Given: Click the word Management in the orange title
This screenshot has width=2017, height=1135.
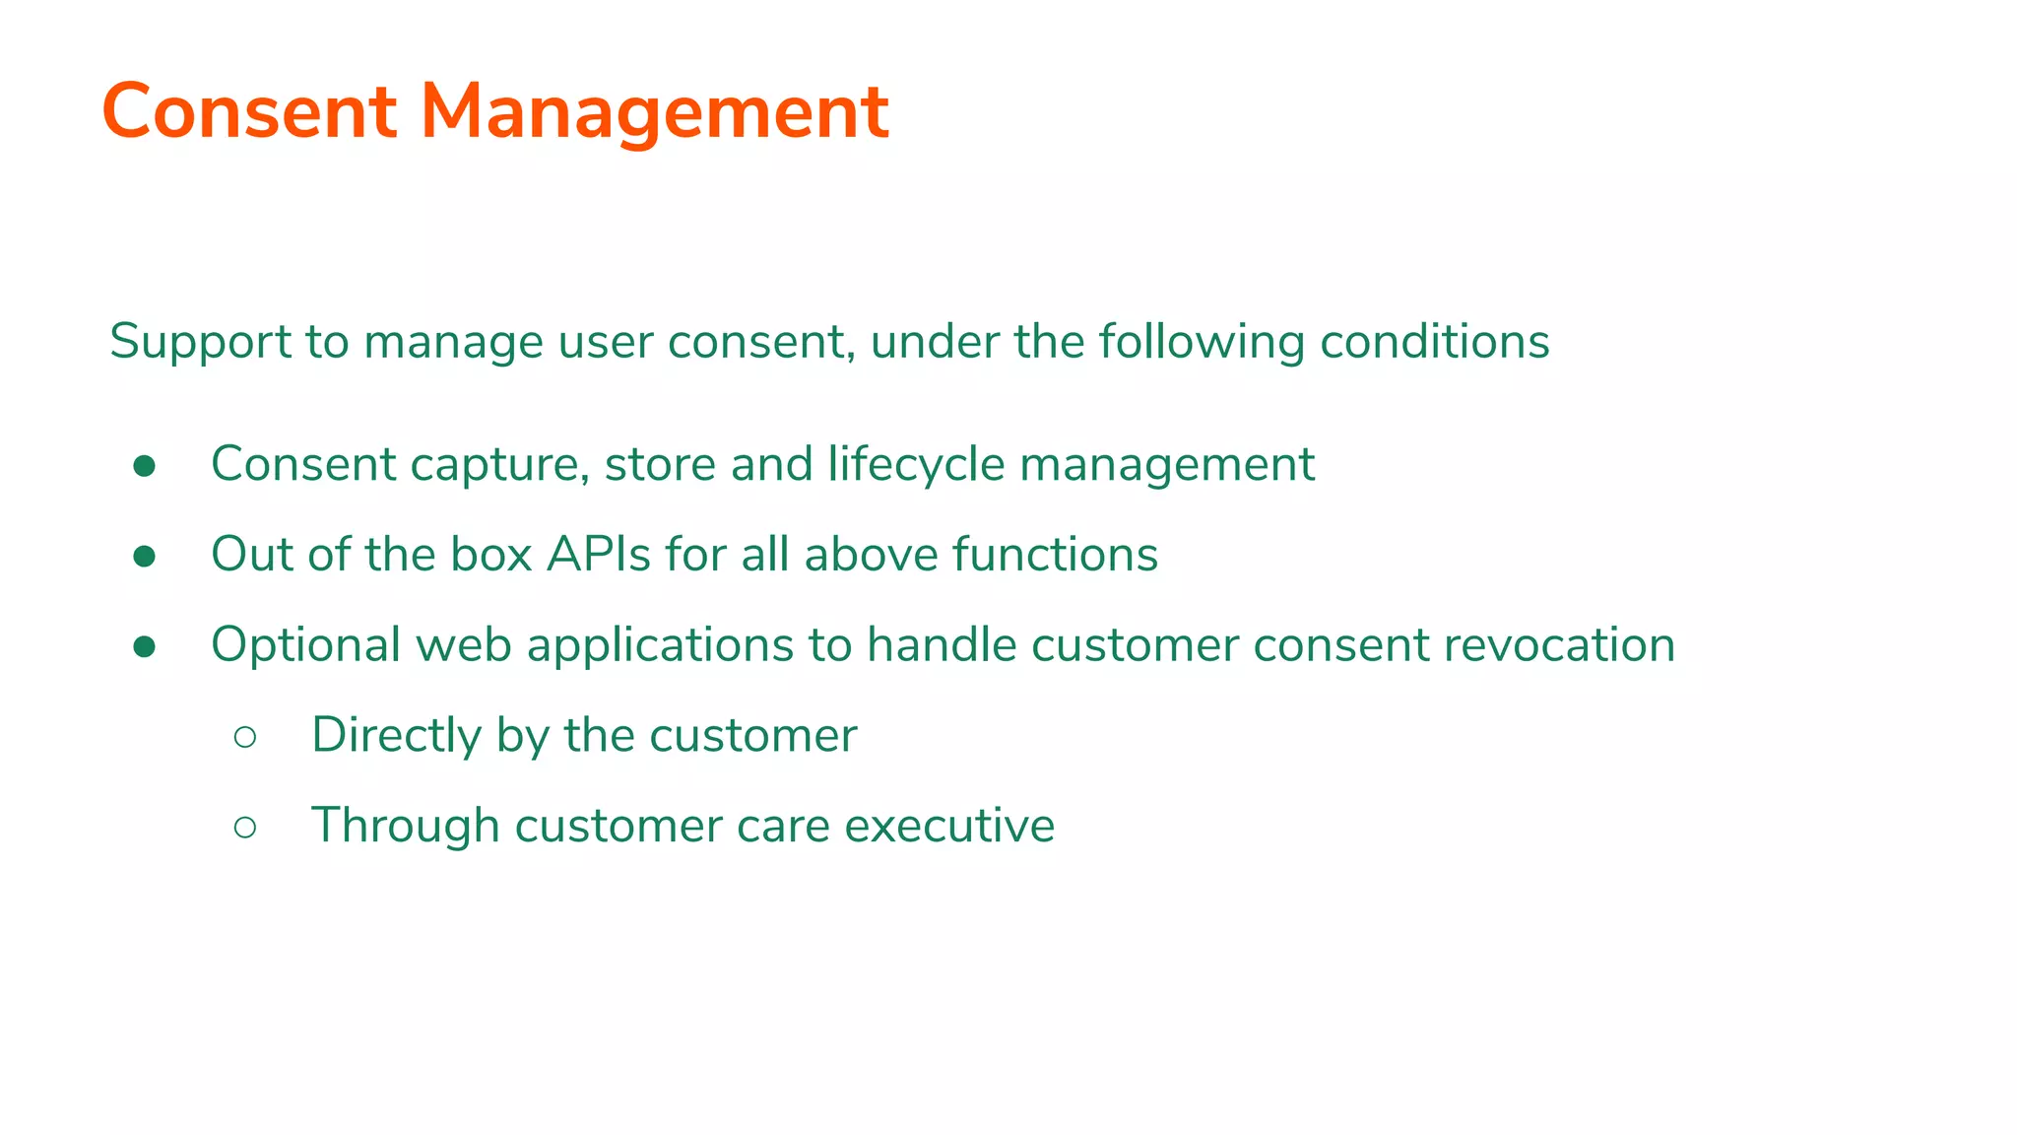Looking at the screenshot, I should click(x=655, y=112).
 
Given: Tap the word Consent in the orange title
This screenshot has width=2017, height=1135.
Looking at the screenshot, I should click(x=249, y=112).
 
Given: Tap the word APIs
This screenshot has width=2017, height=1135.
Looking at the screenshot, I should click(x=599, y=555).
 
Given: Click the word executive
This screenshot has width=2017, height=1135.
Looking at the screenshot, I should click(x=949, y=826).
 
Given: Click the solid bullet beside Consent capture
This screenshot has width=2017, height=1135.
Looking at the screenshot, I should click(x=145, y=466).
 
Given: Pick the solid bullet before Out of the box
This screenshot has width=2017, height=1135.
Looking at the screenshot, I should click(x=145, y=557).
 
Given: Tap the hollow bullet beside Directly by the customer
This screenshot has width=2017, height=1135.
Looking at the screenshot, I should click(x=245, y=737).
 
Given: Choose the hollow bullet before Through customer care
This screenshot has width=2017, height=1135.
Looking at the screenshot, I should click(x=245, y=828).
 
